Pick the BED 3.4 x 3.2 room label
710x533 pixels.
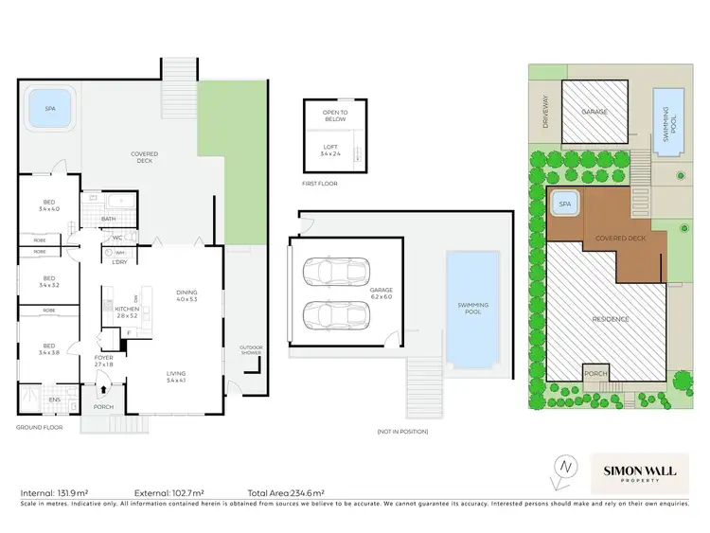pyautogui.click(x=49, y=281)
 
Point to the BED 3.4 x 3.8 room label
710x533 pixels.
pyautogui.click(x=49, y=349)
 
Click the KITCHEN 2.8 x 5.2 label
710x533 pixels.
pyautogui.click(x=127, y=311)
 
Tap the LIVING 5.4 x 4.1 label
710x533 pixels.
pyautogui.click(x=176, y=376)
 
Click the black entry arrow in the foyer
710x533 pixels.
pyautogui.click(x=102, y=388)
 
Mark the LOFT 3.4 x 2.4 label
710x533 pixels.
pyautogui.click(x=329, y=150)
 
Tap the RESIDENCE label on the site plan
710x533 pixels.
pyautogui.click(x=610, y=319)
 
